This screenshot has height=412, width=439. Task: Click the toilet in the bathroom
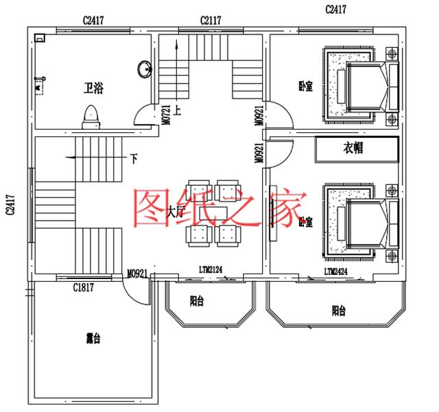[91, 117]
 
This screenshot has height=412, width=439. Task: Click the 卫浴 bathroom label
[94, 88]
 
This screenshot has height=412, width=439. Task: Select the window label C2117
[211, 21]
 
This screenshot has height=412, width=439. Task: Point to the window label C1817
[83, 288]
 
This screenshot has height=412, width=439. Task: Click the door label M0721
[167, 110]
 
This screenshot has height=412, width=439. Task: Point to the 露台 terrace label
[93, 339]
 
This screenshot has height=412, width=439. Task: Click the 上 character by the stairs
[178, 108]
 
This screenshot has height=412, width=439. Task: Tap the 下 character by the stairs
[133, 158]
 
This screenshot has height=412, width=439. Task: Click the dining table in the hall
[212, 213]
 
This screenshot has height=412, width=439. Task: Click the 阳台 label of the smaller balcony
[196, 300]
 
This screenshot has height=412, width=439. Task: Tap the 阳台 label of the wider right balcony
[338, 311]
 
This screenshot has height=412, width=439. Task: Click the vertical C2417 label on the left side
[10, 204]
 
